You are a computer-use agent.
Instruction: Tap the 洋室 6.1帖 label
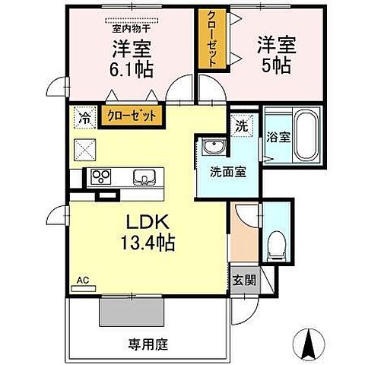coord(132,58)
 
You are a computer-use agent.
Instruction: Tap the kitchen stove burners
coord(101,177)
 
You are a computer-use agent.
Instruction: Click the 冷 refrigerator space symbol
coord(83,119)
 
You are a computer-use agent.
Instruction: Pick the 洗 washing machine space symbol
coord(240,125)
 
